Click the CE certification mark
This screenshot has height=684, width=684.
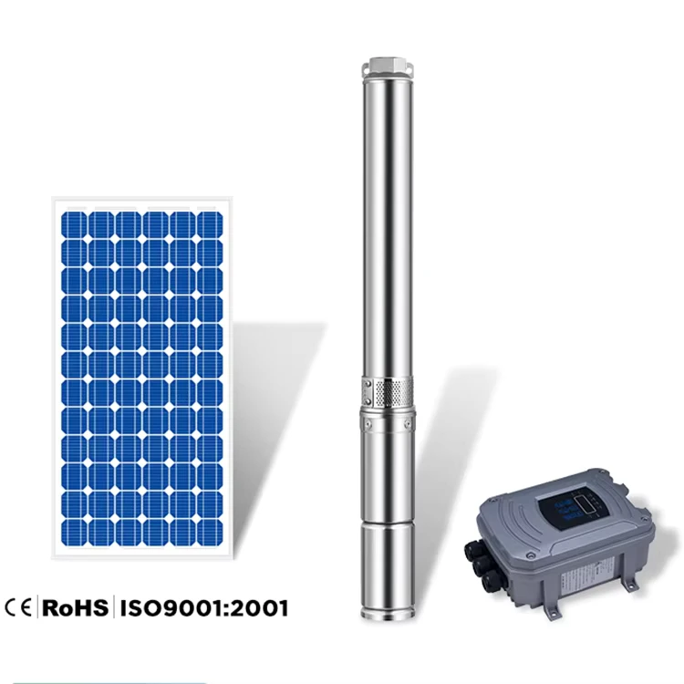click(x=18, y=607)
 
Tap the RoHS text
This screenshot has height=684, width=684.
click(x=75, y=607)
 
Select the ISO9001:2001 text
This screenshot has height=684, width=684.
click(x=204, y=608)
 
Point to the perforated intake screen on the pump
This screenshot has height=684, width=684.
click(x=394, y=392)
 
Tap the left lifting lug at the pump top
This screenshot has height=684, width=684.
click(x=366, y=69)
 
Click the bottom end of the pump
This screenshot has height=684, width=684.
click(x=387, y=617)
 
